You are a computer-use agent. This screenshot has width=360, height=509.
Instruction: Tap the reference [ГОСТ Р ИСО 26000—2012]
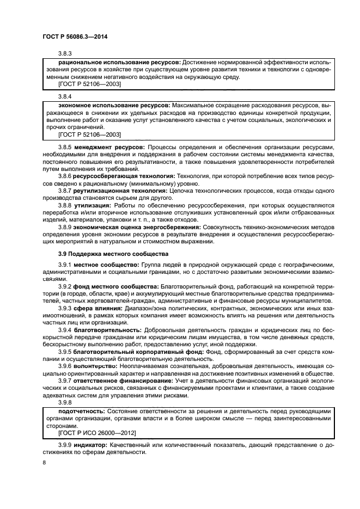pyautogui.click(x=96, y=432)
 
